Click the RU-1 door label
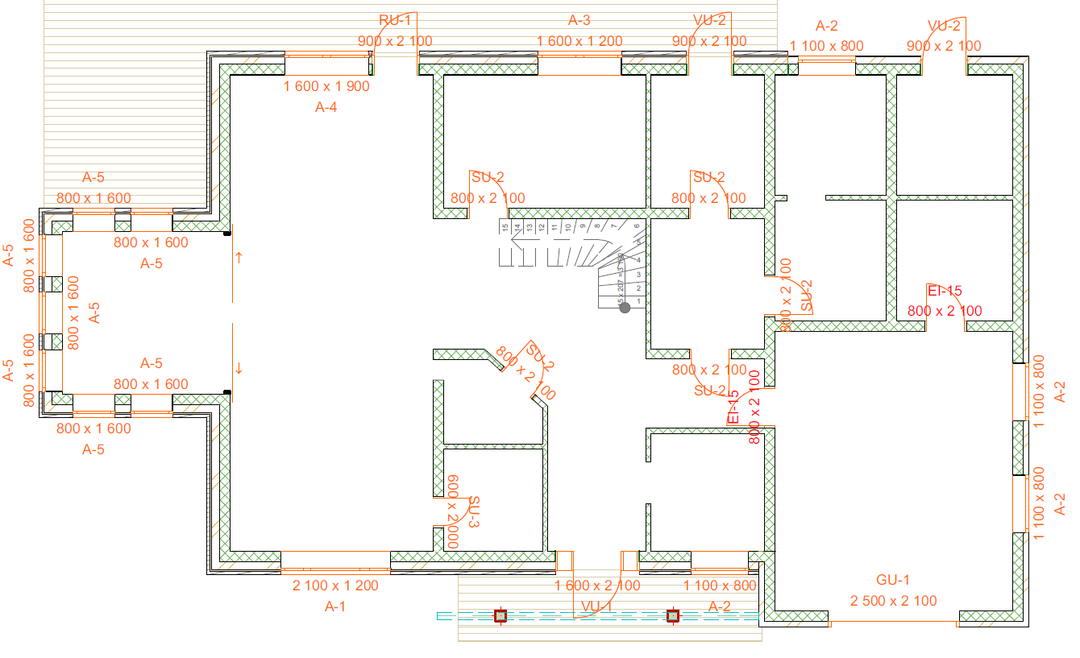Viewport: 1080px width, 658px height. click(x=395, y=20)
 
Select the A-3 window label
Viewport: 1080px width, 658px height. click(x=579, y=20)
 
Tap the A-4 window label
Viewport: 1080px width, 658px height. click(x=326, y=108)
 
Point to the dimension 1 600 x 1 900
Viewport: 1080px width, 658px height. click(x=326, y=86)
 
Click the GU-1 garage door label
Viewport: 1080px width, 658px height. click(x=893, y=580)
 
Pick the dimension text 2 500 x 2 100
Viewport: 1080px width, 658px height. click(x=893, y=601)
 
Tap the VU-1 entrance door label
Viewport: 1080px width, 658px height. click(x=597, y=606)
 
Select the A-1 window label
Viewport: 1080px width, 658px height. click(x=335, y=606)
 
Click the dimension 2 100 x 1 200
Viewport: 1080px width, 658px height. click(x=335, y=586)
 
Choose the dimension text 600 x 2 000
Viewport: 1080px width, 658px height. click(x=453, y=511)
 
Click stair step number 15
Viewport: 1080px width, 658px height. click(x=505, y=229)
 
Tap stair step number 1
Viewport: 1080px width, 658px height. click(x=639, y=301)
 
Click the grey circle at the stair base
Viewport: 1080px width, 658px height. click(x=624, y=307)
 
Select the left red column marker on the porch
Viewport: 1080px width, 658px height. click(x=501, y=616)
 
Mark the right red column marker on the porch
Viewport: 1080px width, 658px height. click(x=672, y=616)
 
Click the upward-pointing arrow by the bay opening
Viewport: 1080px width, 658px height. click(x=239, y=257)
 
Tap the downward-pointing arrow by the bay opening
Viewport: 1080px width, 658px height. click(x=239, y=368)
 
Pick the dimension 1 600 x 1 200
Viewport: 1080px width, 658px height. click(x=579, y=41)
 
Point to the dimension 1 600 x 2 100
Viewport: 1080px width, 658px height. click(x=597, y=586)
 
